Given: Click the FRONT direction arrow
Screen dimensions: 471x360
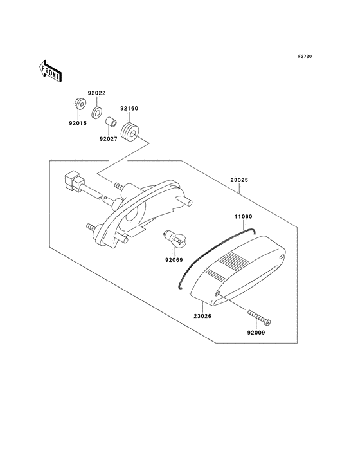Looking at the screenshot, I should tap(50, 70).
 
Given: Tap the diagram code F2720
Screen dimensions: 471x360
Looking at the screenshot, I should tap(305, 57).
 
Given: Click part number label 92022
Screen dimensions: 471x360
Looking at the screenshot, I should tap(97, 93).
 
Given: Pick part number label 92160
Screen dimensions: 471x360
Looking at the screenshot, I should tap(129, 109).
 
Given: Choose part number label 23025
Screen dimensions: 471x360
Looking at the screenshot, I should tap(237, 181).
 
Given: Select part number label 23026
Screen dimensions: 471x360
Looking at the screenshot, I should tap(203, 315).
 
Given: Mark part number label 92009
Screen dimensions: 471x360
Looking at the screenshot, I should tap(255, 333).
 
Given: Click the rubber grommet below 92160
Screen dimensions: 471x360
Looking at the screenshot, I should tap(130, 131).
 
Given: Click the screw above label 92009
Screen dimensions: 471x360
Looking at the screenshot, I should tap(259, 317).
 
